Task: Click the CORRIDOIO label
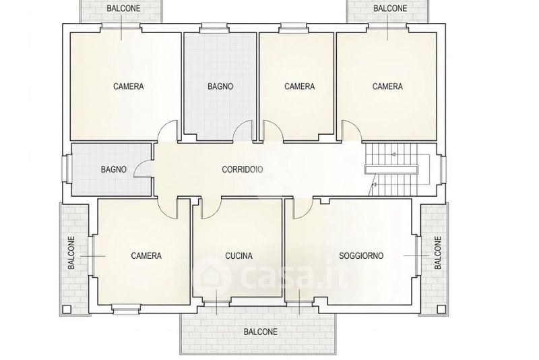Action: tap(243, 169)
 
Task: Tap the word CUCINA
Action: tap(239, 256)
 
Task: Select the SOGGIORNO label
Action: tap(361, 256)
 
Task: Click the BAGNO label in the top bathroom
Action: tap(220, 86)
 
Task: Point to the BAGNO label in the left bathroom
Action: tap(114, 169)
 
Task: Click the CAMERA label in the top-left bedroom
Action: tap(129, 86)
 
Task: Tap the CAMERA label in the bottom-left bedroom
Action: tap(146, 256)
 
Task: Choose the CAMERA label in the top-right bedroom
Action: tap(387, 86)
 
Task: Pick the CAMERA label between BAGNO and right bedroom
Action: tap(299, 86)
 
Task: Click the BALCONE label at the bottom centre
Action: tap(261, 332)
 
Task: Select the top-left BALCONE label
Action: tap(124, 8)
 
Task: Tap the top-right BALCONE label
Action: tap(390, 8)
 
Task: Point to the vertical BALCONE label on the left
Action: tap(71, 253)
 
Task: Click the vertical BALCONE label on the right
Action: tap(437, 253)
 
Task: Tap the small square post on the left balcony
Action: tap(67, 309)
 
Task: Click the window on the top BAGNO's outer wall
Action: tap(214, 28)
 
